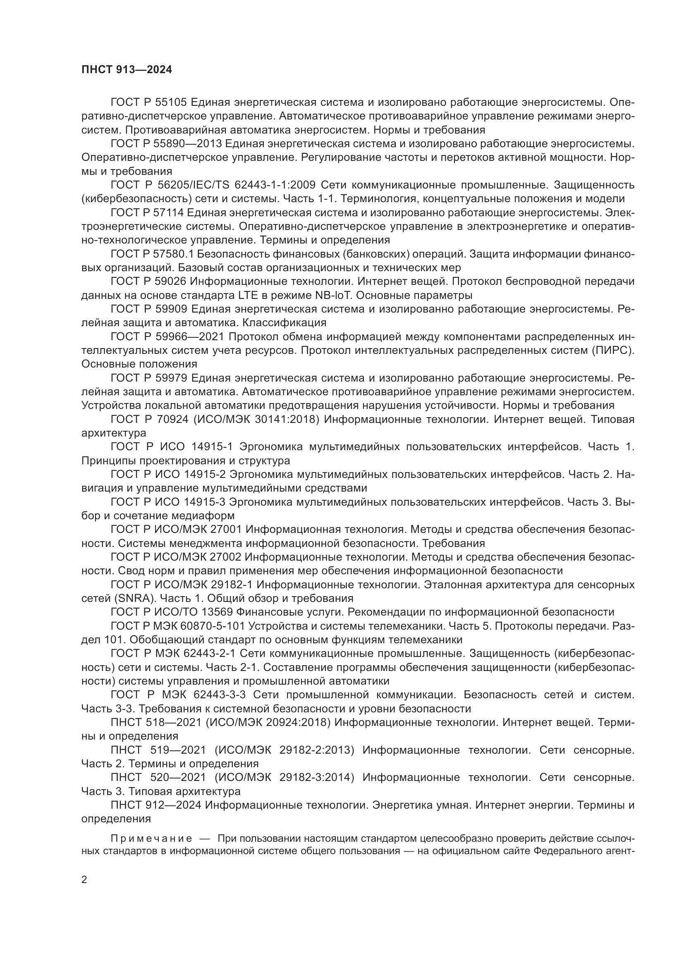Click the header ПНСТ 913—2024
[127, 70]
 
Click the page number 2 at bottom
[84, 880]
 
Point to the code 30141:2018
[286, 420]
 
